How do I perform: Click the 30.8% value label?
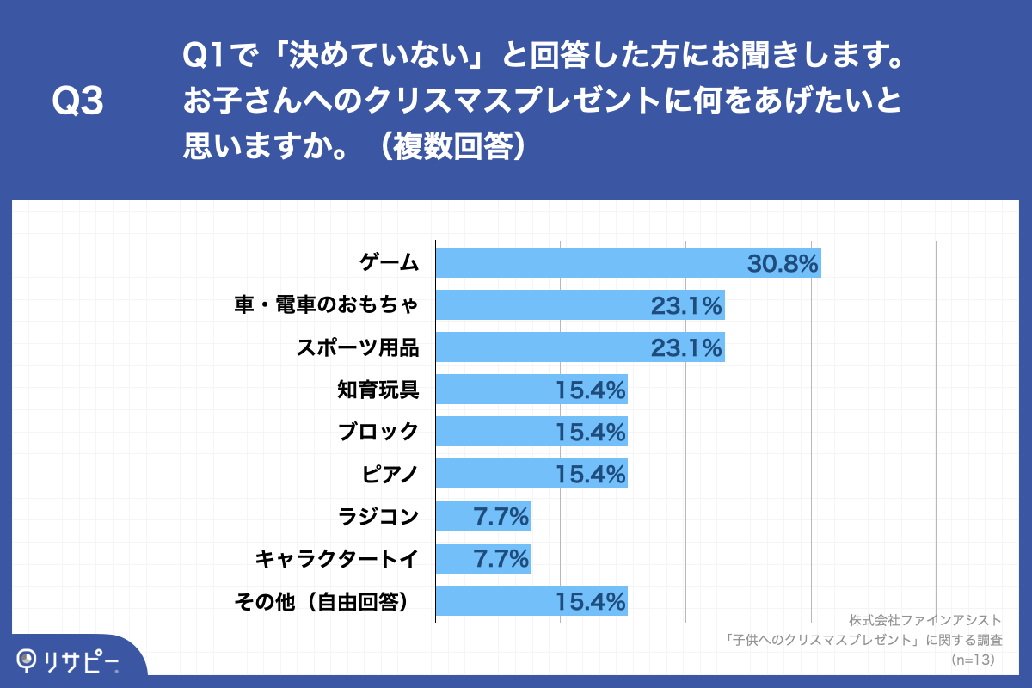click(x=782, y=263)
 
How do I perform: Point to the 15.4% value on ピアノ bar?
click(x=590, y=474)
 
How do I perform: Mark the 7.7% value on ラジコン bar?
click(x=500, y=517)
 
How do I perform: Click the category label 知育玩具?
click(x=378, y=390)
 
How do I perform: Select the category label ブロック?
click(x=378, y=432)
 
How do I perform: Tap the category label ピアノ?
click(x=390, y=474)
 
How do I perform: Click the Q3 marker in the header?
click(x=77, y=102)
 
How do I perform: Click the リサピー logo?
click(x=69, y=660)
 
